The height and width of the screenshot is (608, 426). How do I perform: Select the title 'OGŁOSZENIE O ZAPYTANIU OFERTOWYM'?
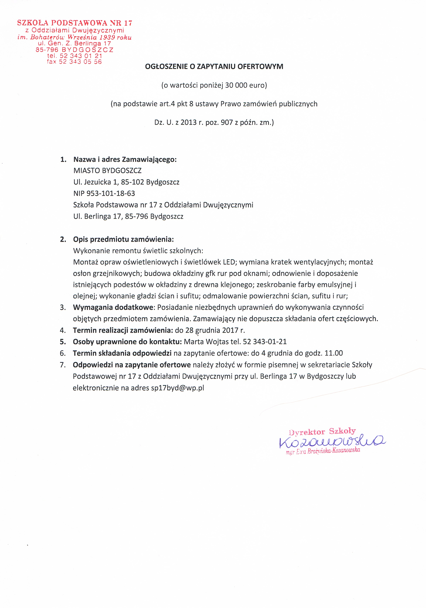(x=214, y=67)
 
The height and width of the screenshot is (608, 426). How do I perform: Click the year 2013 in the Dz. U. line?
(x=189, y=122)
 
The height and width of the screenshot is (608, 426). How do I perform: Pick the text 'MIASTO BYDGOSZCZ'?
(x=107, y=171)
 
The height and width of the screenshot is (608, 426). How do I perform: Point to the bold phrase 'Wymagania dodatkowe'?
(x=113, y=307)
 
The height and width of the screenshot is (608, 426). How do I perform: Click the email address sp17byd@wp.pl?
(x=178, y=388)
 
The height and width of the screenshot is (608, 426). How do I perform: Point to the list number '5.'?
(x=63, y=342)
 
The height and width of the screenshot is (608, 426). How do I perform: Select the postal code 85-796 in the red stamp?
(x=47, y=50)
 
